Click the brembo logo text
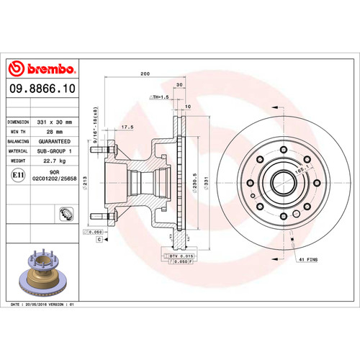[42, 70]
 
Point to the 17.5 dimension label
[129, 127]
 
